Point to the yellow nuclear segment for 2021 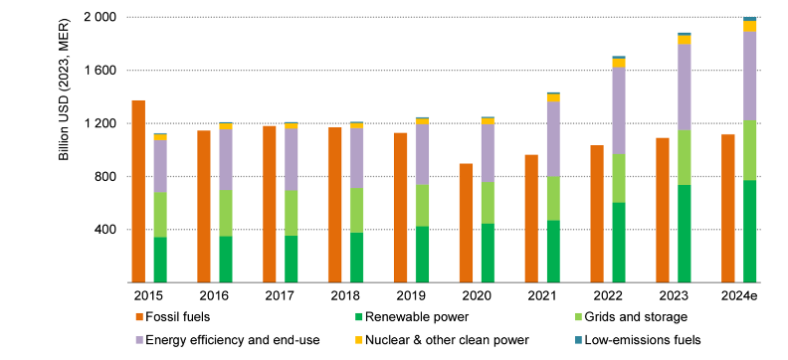pos(553,97)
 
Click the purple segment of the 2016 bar pos(225,159)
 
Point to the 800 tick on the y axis pos(104,177)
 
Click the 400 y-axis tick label pos(104,230)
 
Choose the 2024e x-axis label pos(738,295)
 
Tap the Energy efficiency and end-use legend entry pos(228,340)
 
